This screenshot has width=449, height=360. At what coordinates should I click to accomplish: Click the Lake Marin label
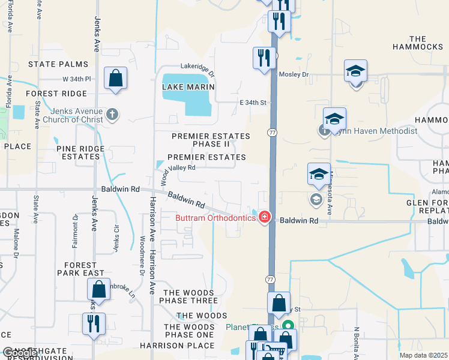pos(188,87)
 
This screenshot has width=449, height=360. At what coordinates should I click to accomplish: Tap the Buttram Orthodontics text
pos(215,218)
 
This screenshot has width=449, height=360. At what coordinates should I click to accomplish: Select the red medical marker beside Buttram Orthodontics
pos(264,218)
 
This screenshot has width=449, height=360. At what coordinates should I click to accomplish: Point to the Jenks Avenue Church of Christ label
pos(68,115)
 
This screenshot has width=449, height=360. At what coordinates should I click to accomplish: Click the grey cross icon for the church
pos(112,113)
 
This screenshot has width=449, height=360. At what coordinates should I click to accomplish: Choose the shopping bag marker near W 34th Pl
pos(115,79)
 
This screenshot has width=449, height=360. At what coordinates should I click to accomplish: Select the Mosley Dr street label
pos(294,75)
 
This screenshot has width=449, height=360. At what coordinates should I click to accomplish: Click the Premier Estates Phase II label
pos(201,140)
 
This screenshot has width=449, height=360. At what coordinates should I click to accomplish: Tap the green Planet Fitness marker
pos(288,327)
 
